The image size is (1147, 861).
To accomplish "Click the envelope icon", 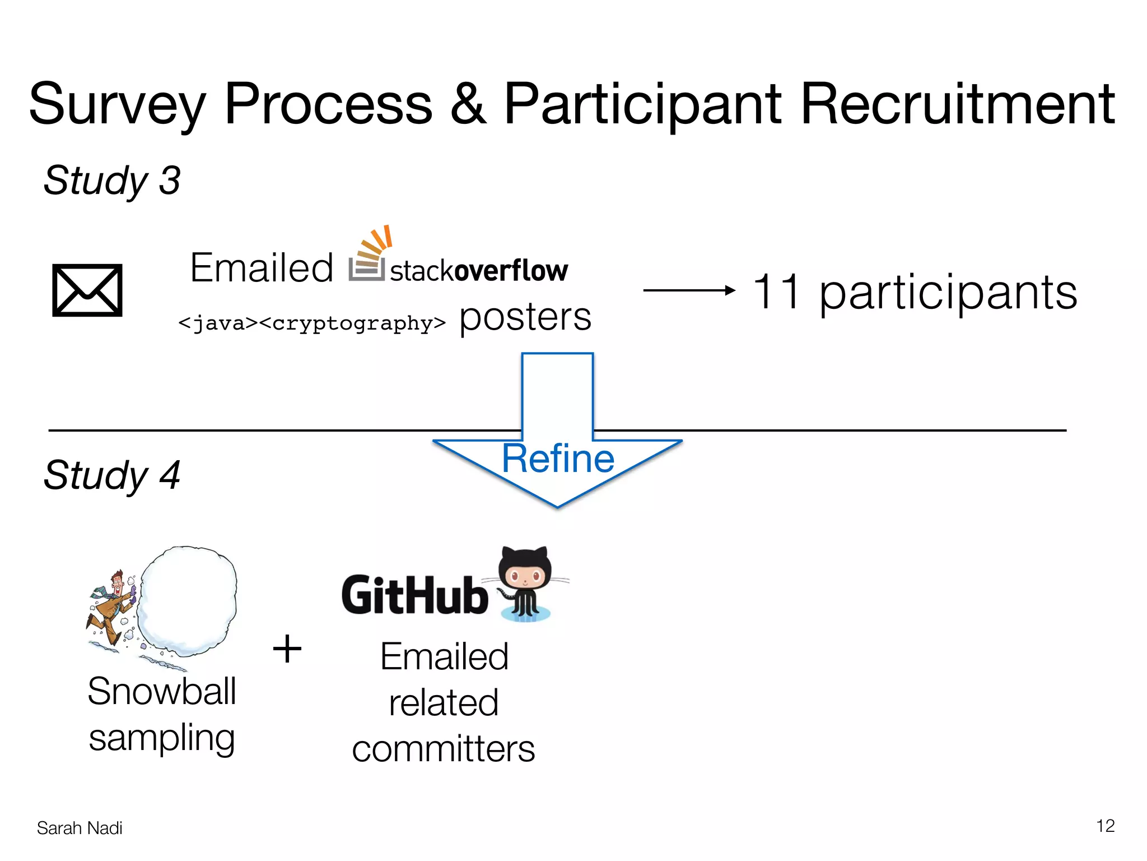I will click(87, 290).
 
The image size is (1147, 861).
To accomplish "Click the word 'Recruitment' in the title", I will click(958, 104).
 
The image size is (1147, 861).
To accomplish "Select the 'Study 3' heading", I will click(112, 180).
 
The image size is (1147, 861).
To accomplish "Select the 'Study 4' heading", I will click(112, 475).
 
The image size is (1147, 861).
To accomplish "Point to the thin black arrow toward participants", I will click(689, 290).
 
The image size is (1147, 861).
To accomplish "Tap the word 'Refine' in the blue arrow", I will click(558, 459).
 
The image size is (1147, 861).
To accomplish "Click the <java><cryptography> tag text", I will click(312, 323).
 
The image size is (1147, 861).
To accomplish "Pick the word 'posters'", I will click(525, 317).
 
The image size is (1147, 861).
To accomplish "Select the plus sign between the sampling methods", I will click(287, 649).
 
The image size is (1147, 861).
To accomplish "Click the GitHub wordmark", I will click(414, 595).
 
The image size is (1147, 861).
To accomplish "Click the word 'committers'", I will click(444, 749).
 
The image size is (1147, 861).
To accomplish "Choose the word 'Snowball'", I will click(162, 691).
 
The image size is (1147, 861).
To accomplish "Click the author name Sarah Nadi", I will click(80, 828).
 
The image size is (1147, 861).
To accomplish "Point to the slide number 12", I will click(1105, 826).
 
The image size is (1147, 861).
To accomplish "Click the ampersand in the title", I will click(468, 104).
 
